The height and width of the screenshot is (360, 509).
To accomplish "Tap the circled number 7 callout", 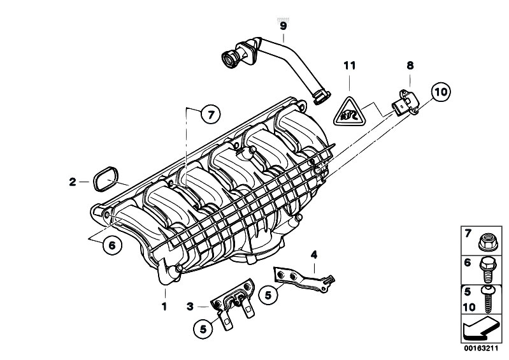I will click(x=210, y=115).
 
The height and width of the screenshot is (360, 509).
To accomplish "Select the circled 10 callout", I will click(x=440, y=93).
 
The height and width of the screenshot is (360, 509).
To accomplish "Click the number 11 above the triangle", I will click(x=348, y=66).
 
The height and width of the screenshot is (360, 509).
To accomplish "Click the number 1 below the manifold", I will click(x=164, y=306).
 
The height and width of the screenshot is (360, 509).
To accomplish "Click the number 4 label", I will click(x=313, y=256).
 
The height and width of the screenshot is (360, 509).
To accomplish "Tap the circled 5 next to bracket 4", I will click(x=268, y=295).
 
